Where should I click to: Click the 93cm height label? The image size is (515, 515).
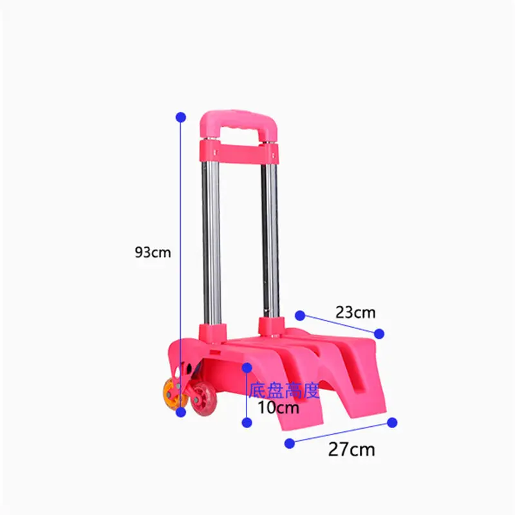pos(153,252)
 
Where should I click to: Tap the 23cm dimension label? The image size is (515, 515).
pos(355,312)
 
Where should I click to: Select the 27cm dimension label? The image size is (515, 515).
pos(351,449)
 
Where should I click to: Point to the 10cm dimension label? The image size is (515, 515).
pos(279,407)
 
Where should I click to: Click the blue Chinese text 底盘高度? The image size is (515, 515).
pos(284,391)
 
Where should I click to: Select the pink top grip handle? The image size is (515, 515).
pos(239,124)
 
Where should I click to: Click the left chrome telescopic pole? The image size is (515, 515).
pos(212,243)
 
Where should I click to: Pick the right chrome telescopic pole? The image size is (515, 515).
pos(270,240)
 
